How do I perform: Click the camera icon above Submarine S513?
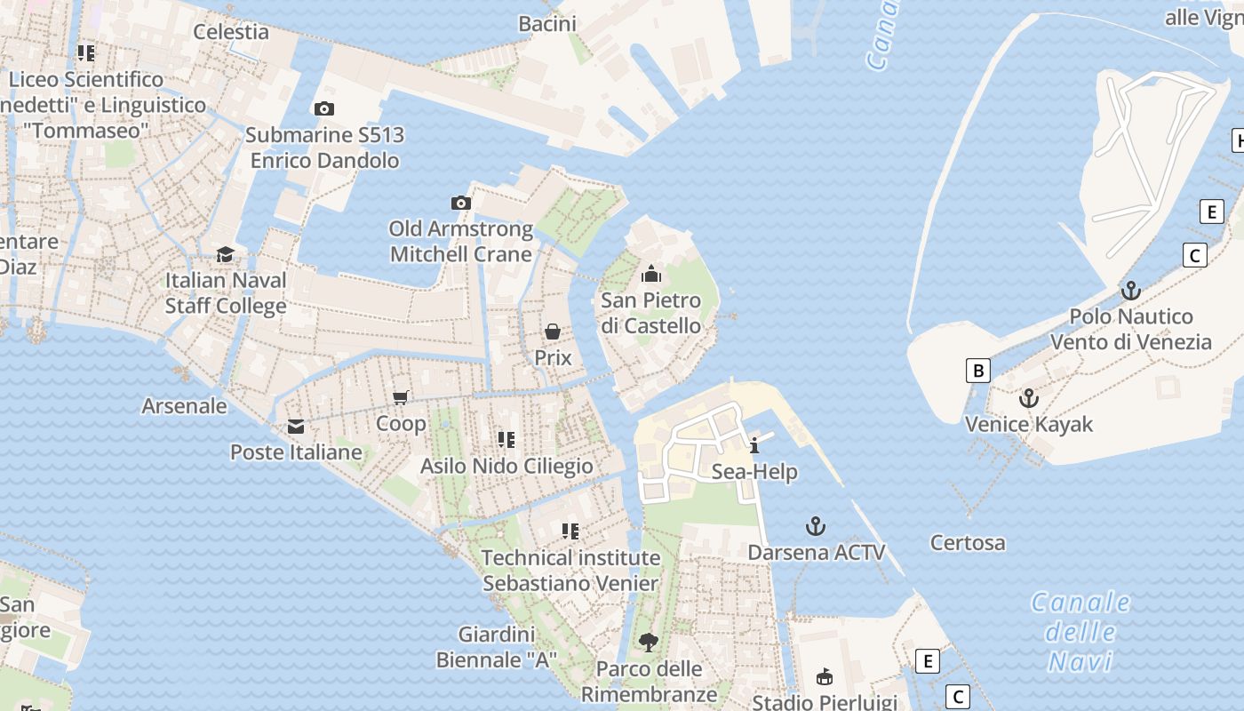[x=324, y=108]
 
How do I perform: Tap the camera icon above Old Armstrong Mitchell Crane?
[x=460, y=203]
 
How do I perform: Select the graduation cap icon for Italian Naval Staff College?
[x=226, y=254]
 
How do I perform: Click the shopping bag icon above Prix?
[x=553, y=332]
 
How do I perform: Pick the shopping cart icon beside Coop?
[x=401, y=397]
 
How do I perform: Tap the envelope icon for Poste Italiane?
[x=296, y=427]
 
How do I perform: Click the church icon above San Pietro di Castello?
[x=651, y=274]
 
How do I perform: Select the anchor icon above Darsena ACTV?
[x=816, y=526]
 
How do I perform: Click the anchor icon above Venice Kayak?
[x=1029, y=398]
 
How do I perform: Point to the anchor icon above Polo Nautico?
[x=1130, y=291]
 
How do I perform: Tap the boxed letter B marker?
[x=978, y=371]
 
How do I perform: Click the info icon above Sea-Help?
[x=754, y=445]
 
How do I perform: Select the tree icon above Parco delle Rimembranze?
[x=649, y=642]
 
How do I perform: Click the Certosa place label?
[x=968, y=542]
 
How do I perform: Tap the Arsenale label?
[x=185, y=406]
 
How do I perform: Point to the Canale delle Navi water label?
[x=1081, y=632]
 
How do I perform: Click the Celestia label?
[x=231, y=32]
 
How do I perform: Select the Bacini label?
[x=547, y=24]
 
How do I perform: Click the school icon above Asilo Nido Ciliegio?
[x=506, y=439]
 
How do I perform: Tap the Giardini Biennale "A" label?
[x=497, y=647]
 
